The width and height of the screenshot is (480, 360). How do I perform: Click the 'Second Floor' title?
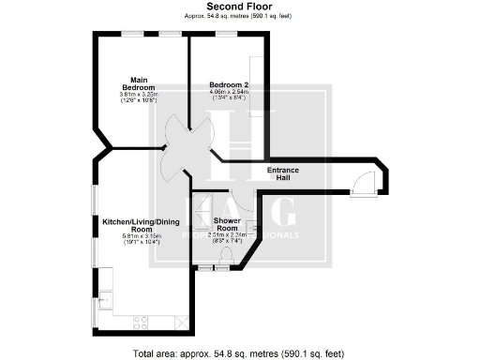coord(239,6)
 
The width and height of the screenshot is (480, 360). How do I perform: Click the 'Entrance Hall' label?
coord(283,173)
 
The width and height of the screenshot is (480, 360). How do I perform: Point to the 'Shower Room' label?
coord(228,224)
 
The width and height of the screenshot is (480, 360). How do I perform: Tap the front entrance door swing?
coord(362,186)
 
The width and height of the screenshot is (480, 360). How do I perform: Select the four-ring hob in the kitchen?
coord(142,322)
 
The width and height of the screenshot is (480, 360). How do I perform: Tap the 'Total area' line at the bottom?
coord(239,352)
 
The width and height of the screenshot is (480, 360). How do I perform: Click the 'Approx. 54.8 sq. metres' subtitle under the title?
coord(239,16)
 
